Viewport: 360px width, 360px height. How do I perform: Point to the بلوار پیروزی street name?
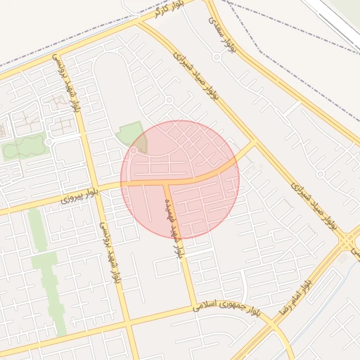tap(77, 198)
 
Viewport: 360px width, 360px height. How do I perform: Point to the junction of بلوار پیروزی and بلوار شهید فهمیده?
tap(166, 182)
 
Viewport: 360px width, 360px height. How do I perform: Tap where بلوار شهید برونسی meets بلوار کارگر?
tap(59, 56)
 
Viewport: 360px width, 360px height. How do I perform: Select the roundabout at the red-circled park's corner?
tap(134, 150)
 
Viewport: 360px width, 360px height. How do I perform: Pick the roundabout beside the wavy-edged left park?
tap(49, 142)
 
